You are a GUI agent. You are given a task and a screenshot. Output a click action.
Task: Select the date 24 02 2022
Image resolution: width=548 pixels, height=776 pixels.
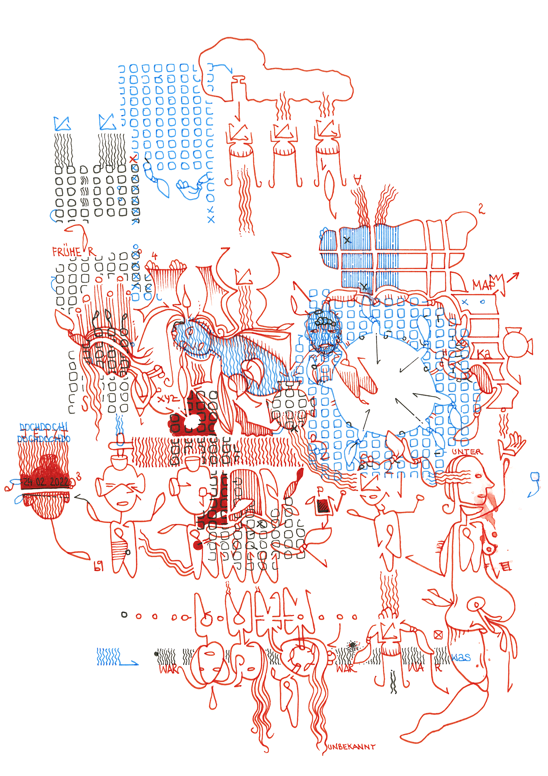pyautogui.click(x=46, y=482)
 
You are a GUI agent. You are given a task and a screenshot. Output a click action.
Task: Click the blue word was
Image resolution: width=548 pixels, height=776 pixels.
pyautogui.click(x=461, y=657)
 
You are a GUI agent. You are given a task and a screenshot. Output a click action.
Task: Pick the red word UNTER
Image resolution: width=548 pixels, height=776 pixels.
pyautogui.click(x=467, y=452)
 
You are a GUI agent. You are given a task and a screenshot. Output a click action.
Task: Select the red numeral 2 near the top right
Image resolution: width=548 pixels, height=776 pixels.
pyautogui.click(x=481, y=209)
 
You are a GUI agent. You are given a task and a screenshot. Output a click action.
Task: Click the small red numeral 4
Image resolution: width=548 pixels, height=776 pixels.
pyautogui.click(x=155, y=256)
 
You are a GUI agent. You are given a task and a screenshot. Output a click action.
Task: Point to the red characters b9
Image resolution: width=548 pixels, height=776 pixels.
pyautogui.click(x=99, y=567)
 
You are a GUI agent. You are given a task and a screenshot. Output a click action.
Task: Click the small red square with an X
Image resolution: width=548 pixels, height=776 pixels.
pyautogui.click(x=438, y=635)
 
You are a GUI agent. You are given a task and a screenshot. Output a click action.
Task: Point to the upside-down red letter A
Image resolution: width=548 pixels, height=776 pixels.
pyautogui.click(x=357, y=179)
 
